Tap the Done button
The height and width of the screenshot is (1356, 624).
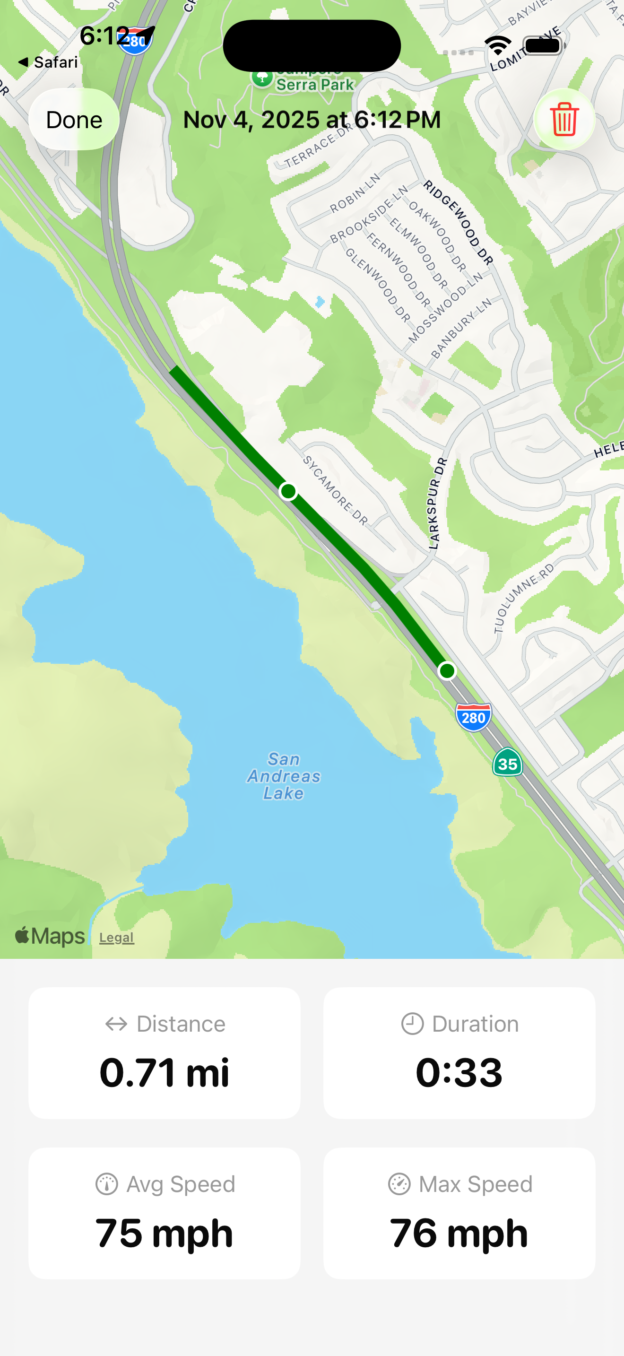[74, 120]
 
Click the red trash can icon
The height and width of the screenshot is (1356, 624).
[564, 120]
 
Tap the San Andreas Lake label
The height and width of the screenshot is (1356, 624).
[284, 776]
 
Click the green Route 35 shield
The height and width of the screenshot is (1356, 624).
[507, 763]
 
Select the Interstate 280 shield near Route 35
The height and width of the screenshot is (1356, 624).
[474, 717]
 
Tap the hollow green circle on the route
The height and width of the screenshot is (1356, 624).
[288, 491]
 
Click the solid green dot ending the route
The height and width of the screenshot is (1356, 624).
[447, 670]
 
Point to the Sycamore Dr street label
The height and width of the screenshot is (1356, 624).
[335, 491]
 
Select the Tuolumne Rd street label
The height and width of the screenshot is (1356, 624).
[523, 598]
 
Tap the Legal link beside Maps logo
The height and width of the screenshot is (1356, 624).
[117, 938]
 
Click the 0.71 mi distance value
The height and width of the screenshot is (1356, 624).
[164, 1072]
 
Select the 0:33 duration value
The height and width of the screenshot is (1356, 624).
[459, 1072]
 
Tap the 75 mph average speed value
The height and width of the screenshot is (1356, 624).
[164, 1233]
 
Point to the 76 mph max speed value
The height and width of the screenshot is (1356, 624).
[459, 1233]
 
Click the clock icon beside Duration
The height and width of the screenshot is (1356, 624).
[412, 1024]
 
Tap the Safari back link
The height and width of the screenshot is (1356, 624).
[48, 62]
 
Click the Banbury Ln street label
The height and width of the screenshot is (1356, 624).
[461, 328]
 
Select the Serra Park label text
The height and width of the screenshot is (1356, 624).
[315, 84]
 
